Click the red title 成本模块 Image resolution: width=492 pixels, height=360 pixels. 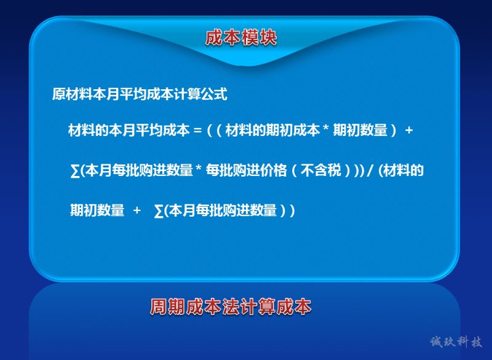241,38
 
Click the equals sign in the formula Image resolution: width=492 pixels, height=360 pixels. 197,130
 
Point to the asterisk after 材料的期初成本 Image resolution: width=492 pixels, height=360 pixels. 326,127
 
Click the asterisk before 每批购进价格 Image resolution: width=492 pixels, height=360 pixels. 199,167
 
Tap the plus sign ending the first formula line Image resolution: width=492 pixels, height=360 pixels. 408,130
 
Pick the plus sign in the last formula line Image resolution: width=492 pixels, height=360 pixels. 137,210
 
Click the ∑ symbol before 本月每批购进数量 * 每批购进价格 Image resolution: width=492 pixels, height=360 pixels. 75,171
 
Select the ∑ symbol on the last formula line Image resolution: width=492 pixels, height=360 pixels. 159,210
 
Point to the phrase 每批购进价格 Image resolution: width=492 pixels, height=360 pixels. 247,170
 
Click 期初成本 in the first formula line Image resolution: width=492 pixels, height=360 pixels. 293,130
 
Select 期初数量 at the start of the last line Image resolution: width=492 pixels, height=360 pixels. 97,210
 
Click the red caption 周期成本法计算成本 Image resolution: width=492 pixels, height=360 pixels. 231,306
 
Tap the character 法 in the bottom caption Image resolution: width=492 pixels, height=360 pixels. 231,306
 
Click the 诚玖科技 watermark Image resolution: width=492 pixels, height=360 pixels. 456,342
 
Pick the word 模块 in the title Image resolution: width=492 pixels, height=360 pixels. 259,38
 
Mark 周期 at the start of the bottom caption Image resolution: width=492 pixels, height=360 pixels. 168,306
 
